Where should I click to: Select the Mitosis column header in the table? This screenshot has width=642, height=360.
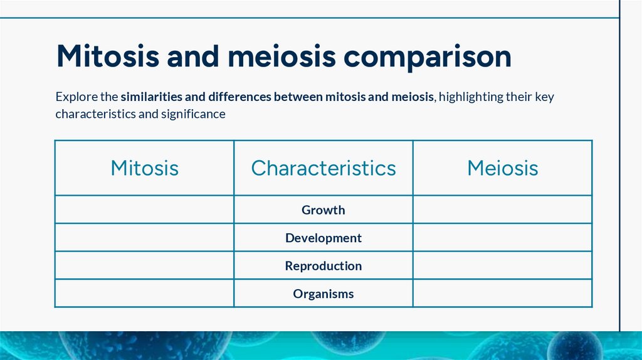point(144,168)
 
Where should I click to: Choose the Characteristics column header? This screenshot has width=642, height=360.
point(324,168)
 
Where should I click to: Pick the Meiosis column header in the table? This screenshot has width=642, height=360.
point(502,168)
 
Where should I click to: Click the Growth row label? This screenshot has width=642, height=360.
point(324,210)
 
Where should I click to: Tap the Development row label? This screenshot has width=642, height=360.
point(324,238)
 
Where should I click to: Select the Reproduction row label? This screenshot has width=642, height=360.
point(324,266)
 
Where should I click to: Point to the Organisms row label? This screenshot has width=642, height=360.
point(324,294)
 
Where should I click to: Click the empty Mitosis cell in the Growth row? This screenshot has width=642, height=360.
point(144,209)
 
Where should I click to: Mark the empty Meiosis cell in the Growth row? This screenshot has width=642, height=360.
point(502,209)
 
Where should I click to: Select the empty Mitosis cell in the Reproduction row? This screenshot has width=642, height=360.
point(144,265)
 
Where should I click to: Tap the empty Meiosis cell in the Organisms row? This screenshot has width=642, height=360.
point(502,293)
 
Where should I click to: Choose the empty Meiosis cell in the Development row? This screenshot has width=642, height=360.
point(502,238)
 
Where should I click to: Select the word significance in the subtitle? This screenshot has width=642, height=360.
point(194,115)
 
